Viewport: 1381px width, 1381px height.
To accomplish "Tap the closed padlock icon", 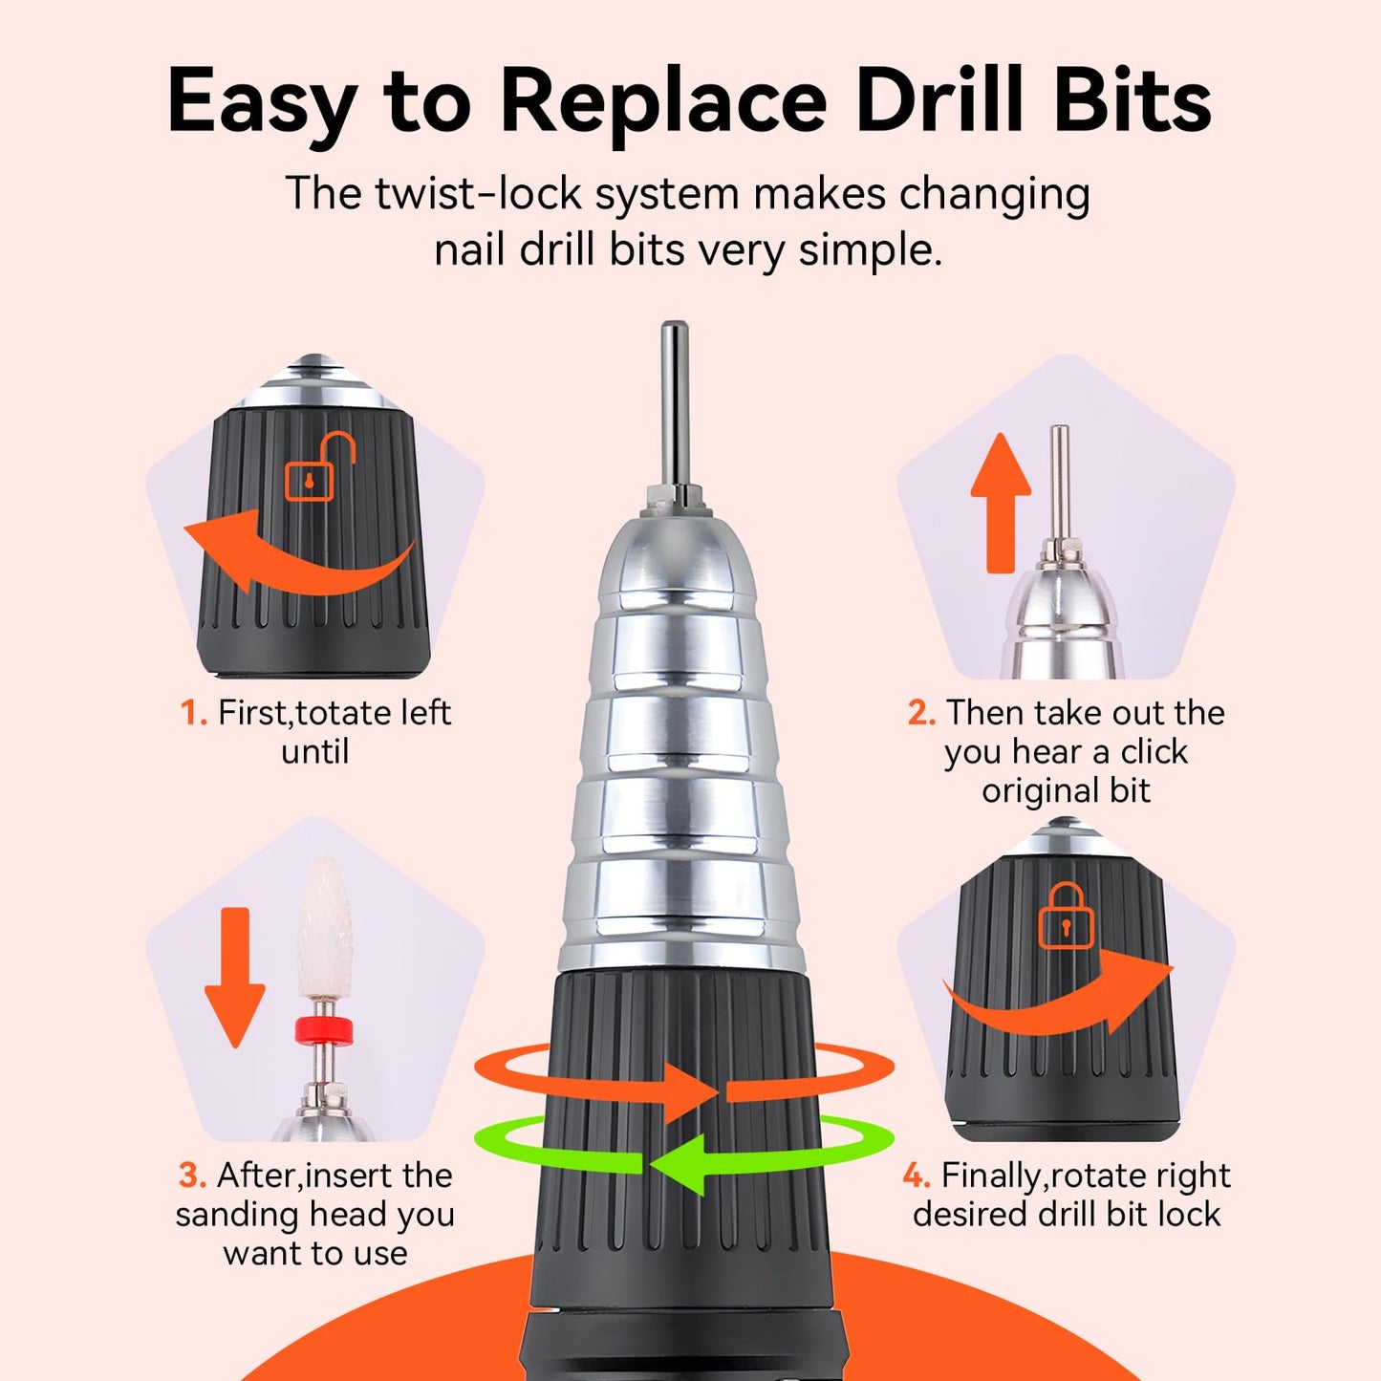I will (1066, 917).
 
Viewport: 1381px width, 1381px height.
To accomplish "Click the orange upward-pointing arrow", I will (1001, 502).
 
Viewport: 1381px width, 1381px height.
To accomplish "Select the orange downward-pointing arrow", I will (235, 976).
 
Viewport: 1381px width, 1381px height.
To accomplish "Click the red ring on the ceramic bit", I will (324, 1030).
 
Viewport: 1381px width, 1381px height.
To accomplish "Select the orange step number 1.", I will (193, 713).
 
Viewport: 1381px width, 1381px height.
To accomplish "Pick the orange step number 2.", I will (921, 713).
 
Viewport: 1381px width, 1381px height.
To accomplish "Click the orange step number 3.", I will (192, 1176).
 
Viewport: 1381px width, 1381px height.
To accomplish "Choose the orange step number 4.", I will (917, 1176).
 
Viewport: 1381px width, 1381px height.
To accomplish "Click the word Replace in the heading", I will (662, 101).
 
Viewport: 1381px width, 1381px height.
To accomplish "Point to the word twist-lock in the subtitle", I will (478, 194).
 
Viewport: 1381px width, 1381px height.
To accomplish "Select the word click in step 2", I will (1154, 752).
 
